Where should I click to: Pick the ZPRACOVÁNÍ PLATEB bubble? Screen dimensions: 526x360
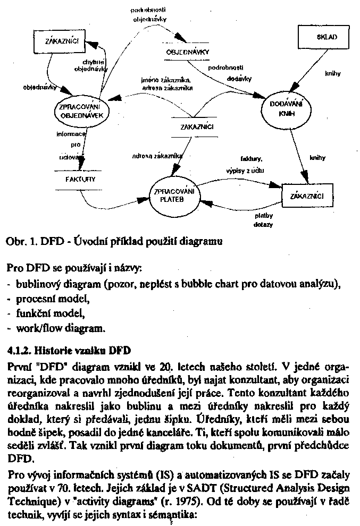click(173, 196)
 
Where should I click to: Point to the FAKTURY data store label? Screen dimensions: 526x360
click(80, 179)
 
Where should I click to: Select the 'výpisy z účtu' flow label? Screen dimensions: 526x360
click(243, 170)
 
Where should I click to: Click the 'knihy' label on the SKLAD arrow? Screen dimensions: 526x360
click(332, 73)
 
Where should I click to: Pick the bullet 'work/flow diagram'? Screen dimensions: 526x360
click(58, 328)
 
